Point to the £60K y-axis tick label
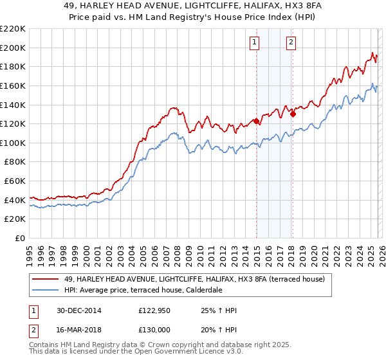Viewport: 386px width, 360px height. (x=15, y=181)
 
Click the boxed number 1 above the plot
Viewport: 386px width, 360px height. (x=255, y=42)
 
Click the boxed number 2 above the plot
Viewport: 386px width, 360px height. (x=291, y=42)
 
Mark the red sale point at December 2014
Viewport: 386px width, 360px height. (x=256, y=121)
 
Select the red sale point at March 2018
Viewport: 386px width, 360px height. (x=293, y=114)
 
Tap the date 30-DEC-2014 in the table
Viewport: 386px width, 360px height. (x=75, y=310)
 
